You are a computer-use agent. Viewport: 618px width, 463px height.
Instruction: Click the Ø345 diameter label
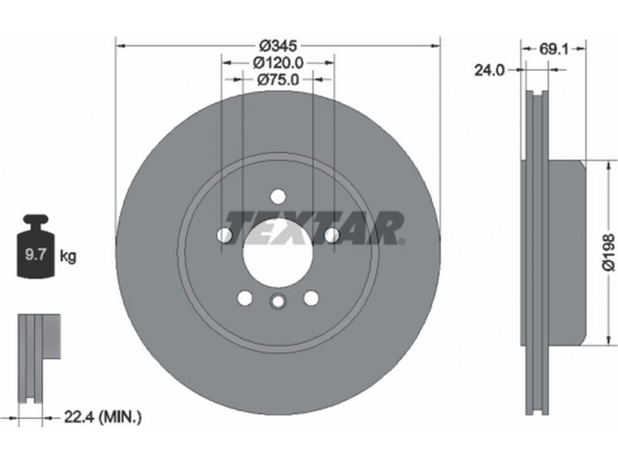278,46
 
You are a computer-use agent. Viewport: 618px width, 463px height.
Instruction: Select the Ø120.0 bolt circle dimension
278,63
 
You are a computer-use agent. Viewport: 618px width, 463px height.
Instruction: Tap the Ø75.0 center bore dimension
278,79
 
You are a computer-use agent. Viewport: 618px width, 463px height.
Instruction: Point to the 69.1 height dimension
553,49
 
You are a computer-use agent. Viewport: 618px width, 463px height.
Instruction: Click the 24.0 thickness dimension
489,70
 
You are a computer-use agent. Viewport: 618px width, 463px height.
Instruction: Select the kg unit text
68,256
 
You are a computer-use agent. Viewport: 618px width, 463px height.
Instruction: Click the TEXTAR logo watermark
314,228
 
